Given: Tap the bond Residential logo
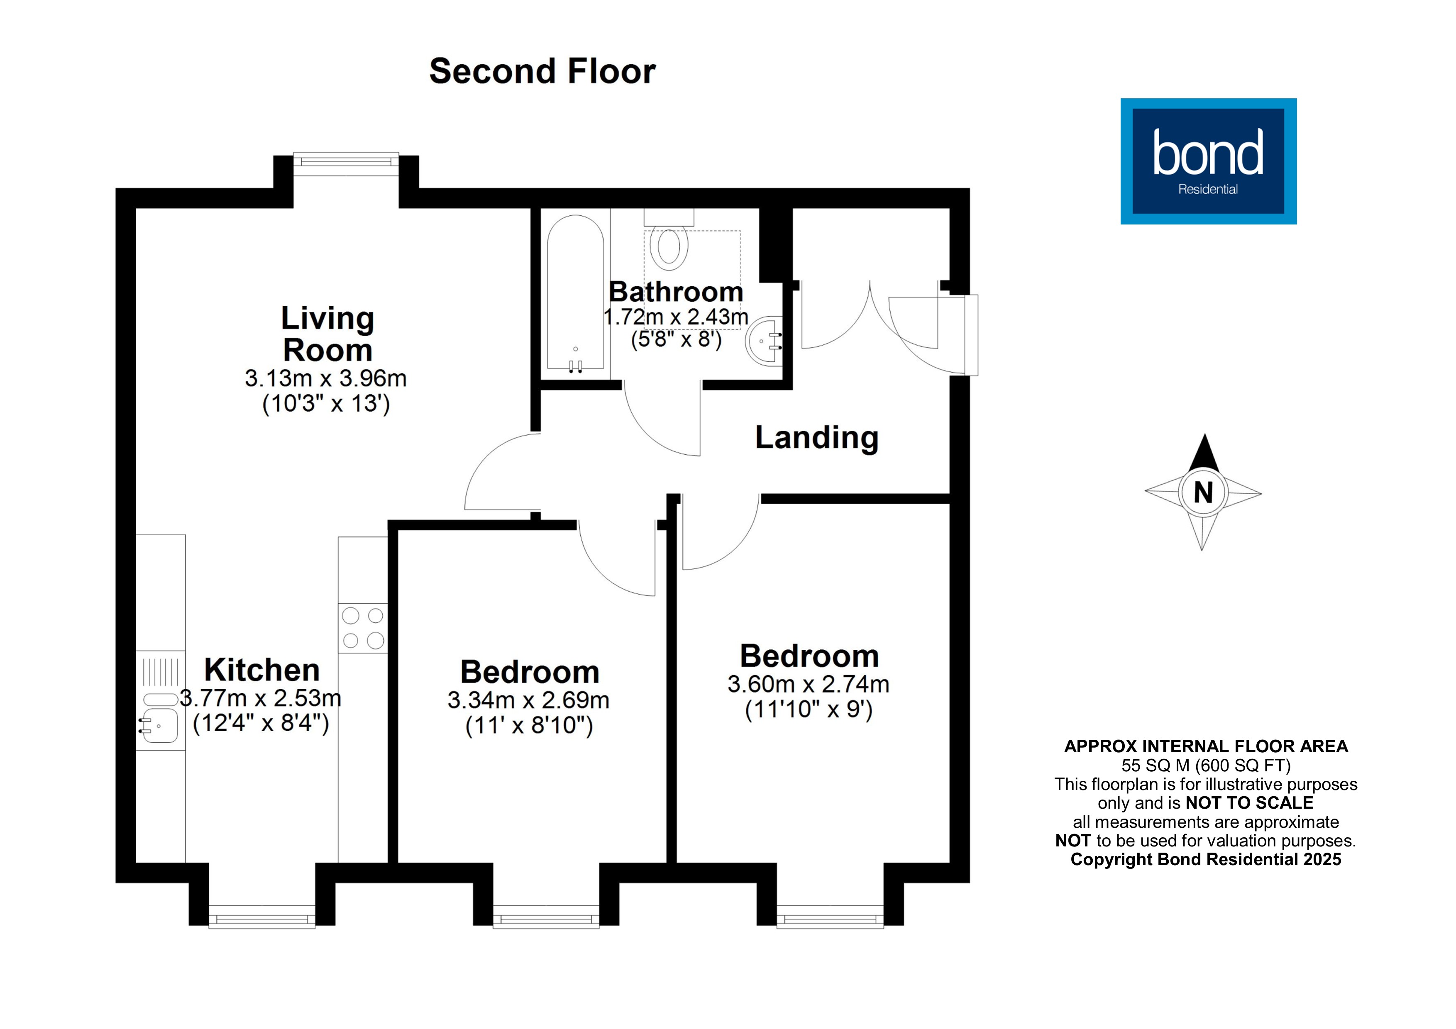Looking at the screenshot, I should pyautogui.click(x=1208, y=161).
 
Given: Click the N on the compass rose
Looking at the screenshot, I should pyautogui.click(x=1203, y=493).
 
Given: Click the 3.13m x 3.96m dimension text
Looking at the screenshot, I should pyautogui.click(x=325, y=378).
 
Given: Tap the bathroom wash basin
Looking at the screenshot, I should pyautogui.click(x=765, y=341).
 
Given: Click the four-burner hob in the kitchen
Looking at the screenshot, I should pyautogui.click(x=363, y=628).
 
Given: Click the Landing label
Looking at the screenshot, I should pyautogui.click(x=817, y=437).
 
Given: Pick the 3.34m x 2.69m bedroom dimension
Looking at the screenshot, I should pyautogui.click(x=528, y=700).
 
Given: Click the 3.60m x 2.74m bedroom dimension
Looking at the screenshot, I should pyautogui.click(x=808, y=684).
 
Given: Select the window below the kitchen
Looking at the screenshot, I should pyautogui.click(x=262, y=917).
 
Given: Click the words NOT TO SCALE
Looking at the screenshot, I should pyautogui.click(x=1249, y=802).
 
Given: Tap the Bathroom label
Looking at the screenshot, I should pyautogui.click(x=676, y=292).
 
